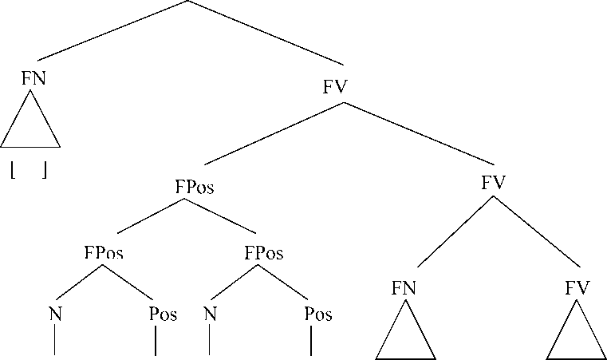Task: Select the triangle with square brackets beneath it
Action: click(30, 124)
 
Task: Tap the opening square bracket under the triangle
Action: click(14, 170)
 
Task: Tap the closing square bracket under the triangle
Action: click(45, 170)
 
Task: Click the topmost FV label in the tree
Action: click(335, 86)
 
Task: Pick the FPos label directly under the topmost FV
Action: click(194, 188)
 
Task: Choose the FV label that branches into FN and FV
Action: click(494, 182)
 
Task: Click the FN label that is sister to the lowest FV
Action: click(404, 288)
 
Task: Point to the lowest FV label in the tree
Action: click(577, 288)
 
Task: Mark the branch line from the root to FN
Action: click(112, 30)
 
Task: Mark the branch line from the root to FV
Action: click(266, 33)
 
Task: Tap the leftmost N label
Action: click(55, 314)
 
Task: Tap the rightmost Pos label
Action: click(318, 314)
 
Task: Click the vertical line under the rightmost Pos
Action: click(310, 342)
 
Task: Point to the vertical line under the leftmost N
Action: click(54, 342)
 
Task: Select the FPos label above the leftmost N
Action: click(104, 254)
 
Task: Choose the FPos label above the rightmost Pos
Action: click(264, 254)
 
